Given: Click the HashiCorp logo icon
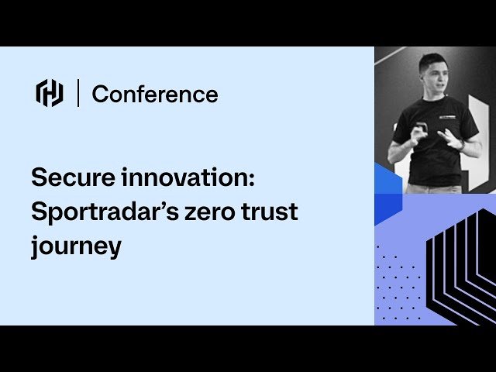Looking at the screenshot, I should [x=50, y=93].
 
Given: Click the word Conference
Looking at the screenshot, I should [x=155, y=95].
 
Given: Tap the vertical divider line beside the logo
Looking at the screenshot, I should [x=77, y=93].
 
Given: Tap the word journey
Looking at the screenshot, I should [x=76, y=247].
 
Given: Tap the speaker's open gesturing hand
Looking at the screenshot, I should [x=449, y=138].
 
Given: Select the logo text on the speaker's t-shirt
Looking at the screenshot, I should [x=446, y=117].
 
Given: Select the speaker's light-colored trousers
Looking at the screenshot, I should [x=434, y=188].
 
